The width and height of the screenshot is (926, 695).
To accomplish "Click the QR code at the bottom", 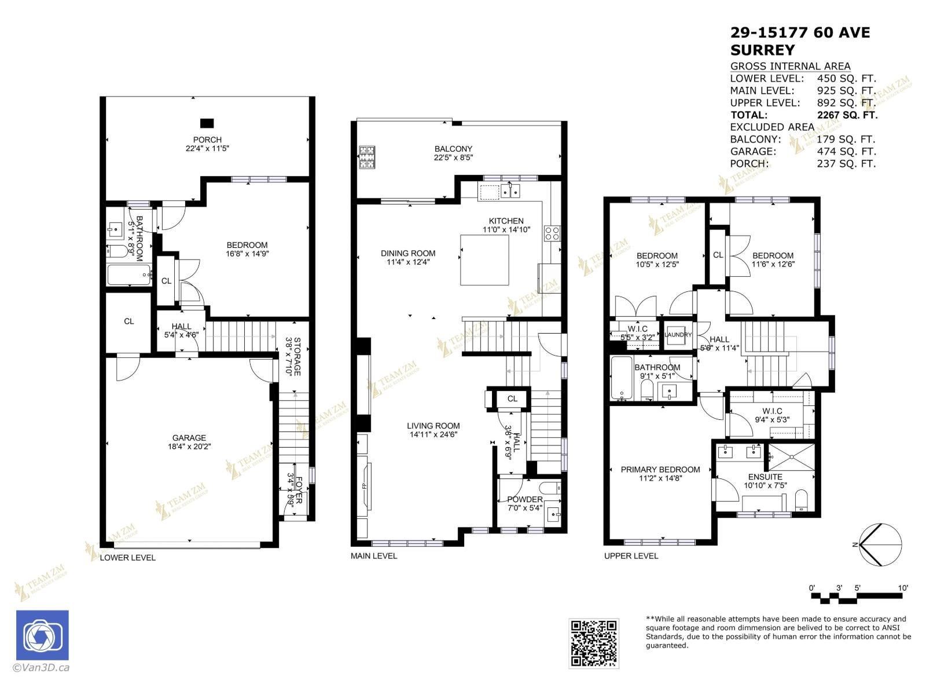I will [593, 643].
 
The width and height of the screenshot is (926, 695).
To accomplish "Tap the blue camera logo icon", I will [42, 635].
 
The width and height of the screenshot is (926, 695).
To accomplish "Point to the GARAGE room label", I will [189, 438].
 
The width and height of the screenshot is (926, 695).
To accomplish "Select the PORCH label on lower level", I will [207, 140].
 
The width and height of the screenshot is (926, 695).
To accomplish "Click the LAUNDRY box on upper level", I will [678, 335].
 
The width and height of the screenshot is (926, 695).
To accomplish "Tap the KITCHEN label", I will [506, 221].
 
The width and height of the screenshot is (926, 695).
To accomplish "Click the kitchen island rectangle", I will [484, 260].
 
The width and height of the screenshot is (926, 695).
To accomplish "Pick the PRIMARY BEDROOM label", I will [660, 470].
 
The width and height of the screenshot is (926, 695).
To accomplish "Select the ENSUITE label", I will [765, 477].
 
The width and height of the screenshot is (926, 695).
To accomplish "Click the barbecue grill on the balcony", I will [367, 157].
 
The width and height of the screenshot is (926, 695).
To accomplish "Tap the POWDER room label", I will [525, 499].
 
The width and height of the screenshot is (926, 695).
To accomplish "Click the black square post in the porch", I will [207, 123].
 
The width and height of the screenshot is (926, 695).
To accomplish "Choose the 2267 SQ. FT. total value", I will [847, 115].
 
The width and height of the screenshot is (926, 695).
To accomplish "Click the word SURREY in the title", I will [762, 50].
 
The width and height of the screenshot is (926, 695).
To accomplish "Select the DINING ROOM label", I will [408, 253].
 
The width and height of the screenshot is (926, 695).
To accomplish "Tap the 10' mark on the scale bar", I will [903, 588].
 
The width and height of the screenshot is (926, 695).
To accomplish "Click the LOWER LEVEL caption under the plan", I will [128, 558].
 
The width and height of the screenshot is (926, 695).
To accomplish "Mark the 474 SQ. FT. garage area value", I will [846, 151].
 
